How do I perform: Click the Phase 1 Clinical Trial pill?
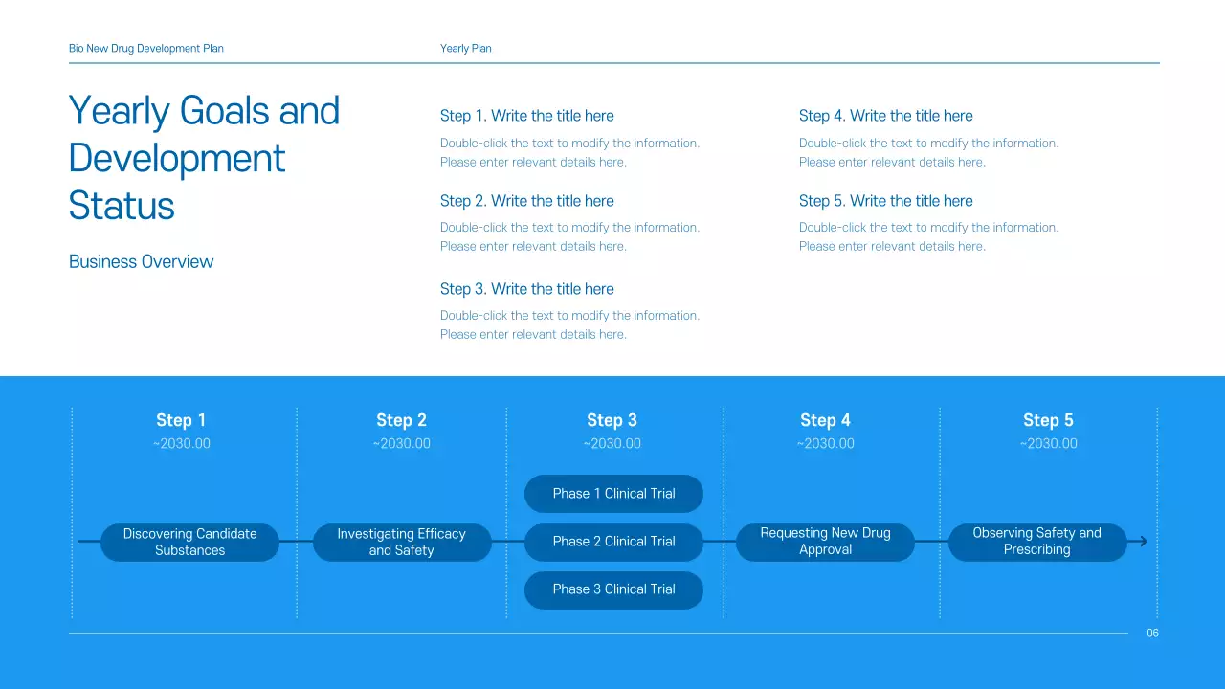[613, 494]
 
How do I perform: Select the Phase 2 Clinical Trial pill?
[613, 542]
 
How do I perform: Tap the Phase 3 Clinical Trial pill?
[613, 589]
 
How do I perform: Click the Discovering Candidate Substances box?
[189, 542]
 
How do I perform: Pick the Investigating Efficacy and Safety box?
[401, 542]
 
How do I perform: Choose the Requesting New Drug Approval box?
[825, 542]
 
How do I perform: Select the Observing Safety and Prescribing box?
[1036, 542]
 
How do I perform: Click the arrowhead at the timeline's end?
[1141, 542]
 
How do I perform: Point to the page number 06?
[1152, 633]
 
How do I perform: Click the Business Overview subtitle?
[142, 262]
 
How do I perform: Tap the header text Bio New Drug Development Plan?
[146, 49]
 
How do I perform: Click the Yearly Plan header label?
[466, 49]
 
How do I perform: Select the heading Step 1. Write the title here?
[526, 116]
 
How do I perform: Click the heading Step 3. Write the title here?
[526, 289]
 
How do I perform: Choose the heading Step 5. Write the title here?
[885, 201]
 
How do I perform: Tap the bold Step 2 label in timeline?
[401, 420]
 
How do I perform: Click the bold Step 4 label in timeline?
[825, 420]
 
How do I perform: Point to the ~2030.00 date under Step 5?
[1048, 444]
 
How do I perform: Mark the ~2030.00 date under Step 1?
[181, 444]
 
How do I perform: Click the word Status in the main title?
[122, 206]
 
